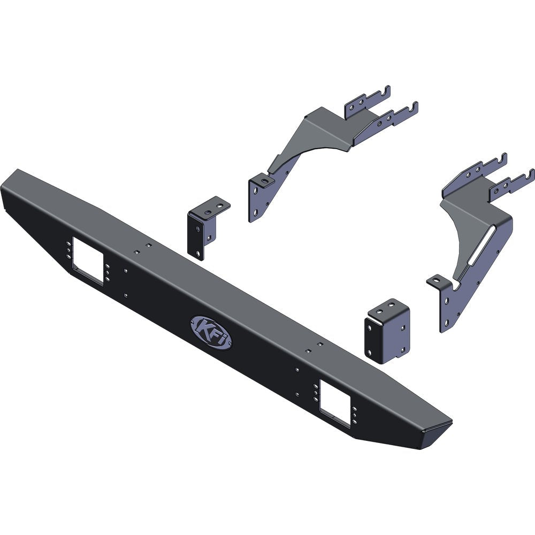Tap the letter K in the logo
(x=203, y=326)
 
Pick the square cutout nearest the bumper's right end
(x=335, y=401)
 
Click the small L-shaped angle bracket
(x=206, y=227)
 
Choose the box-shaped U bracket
(x=387, y=331)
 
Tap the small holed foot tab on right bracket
(x=438, y=281)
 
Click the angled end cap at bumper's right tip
(x=436, y=434)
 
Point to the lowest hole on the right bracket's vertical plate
(x=444, y=319)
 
